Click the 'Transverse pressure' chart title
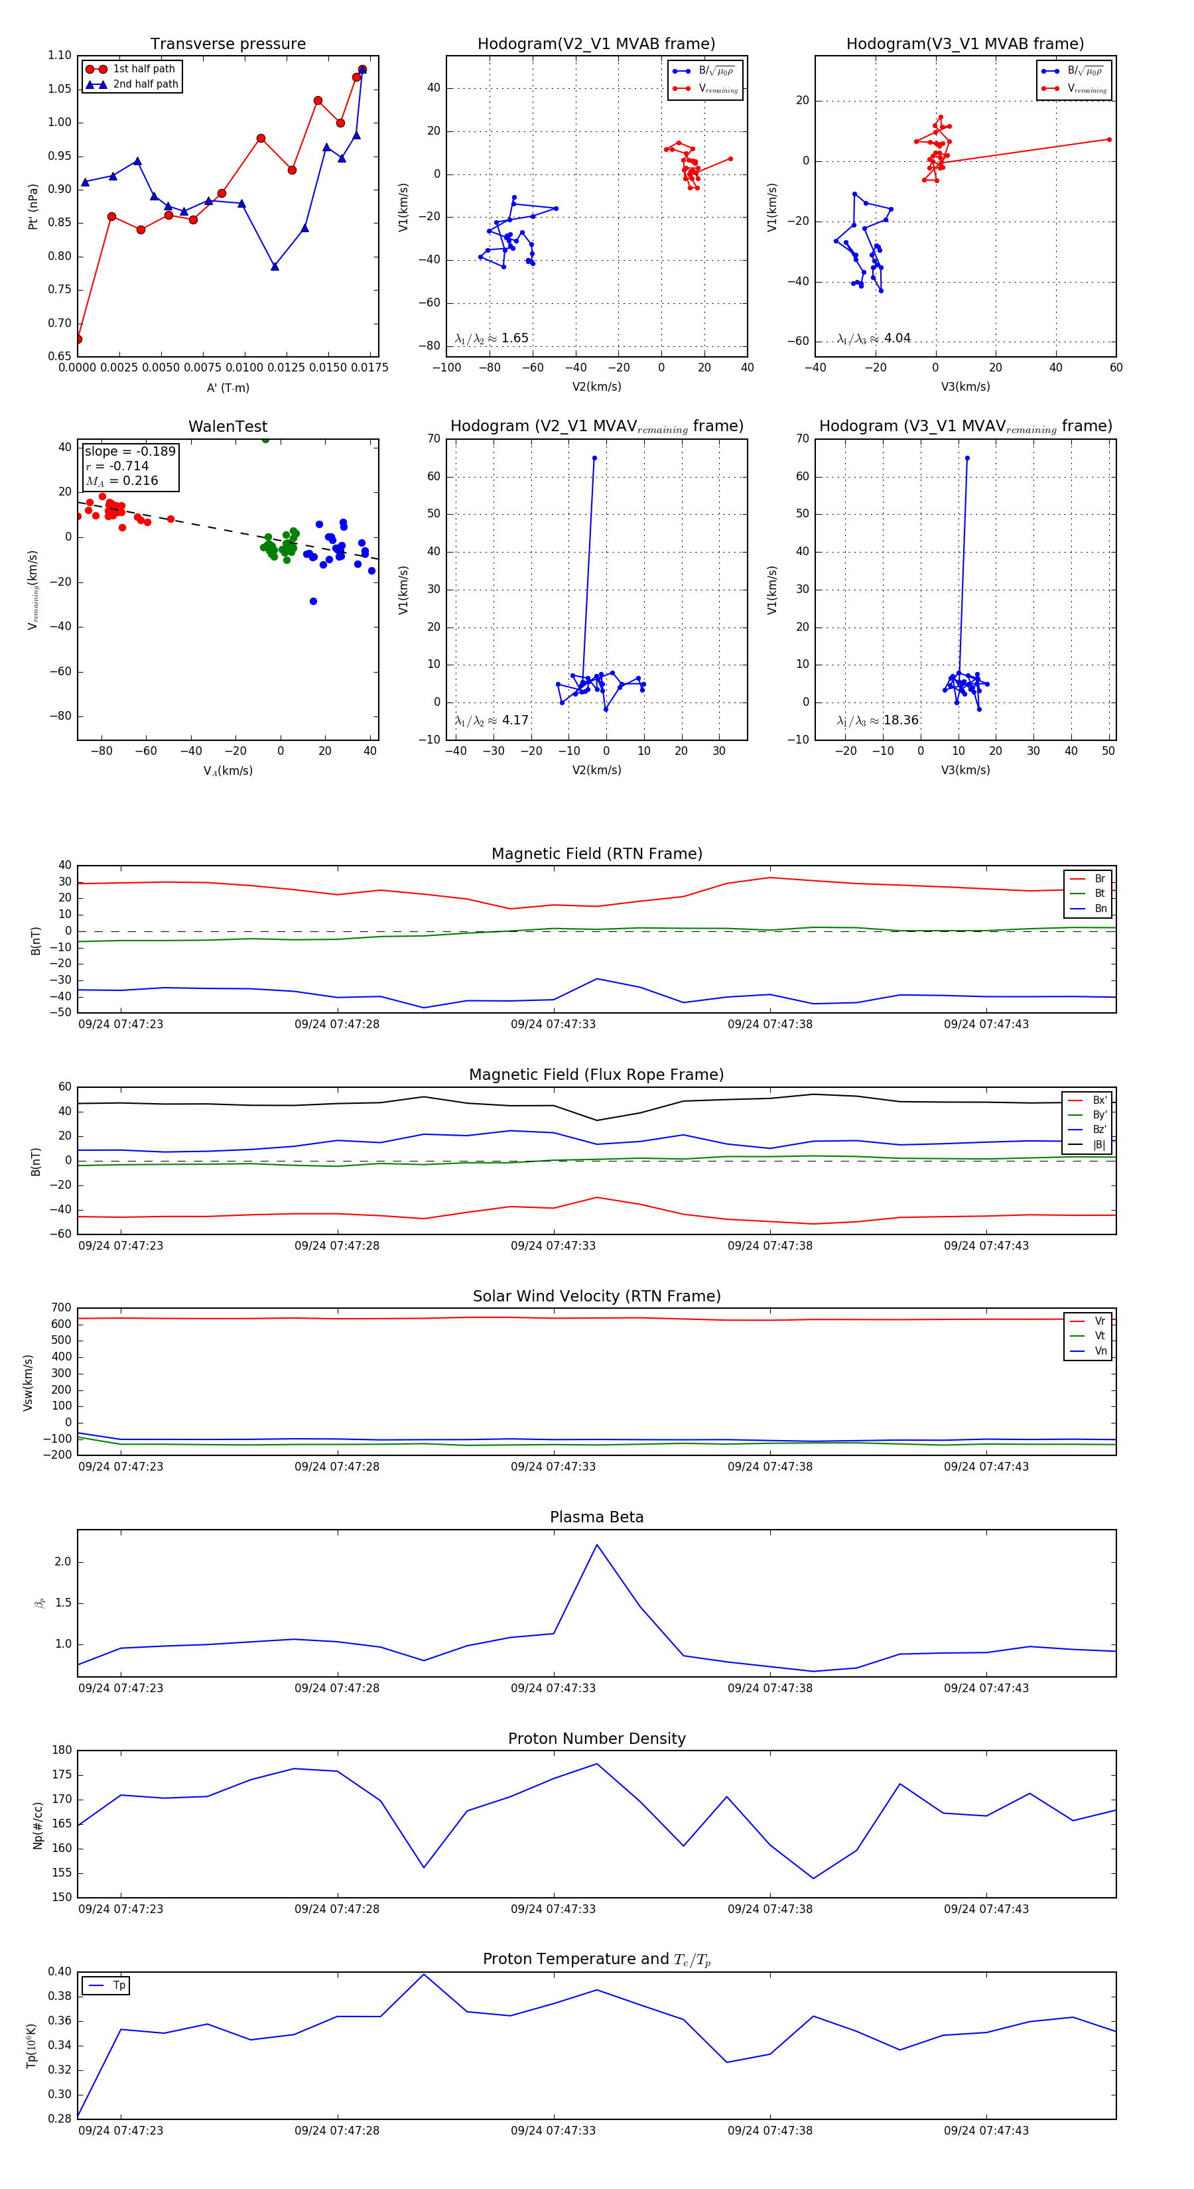tap(228, 44)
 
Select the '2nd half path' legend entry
tap(145, 84)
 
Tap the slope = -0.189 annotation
tap(130, 451)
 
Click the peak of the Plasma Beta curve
tap(596, 1545)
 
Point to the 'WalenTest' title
tap(228, 427)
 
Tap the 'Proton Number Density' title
tap(596, 1739)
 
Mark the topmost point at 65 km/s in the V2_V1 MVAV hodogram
tap(594, 458)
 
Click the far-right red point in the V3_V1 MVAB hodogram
tap(1109, 139)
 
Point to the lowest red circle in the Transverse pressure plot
tap(78, 339)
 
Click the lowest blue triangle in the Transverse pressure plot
tap(275, 267)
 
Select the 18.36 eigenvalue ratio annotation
tap(901, 720)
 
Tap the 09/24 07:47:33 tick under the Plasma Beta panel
tap(553, 1688)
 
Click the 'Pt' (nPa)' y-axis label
tap(33, 206)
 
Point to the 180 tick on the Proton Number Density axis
tap(62, 1751)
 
